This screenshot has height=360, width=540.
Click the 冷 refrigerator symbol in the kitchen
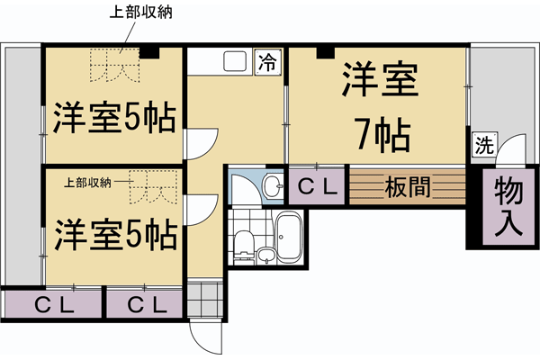(x=267, y=62)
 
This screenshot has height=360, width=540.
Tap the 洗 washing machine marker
(x=482, y=144)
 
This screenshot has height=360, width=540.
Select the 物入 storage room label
(x=508, y=207)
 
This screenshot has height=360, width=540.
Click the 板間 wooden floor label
(x=406, y=188)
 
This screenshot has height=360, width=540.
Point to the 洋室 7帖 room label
(x=378, y=108)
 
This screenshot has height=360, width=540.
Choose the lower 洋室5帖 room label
(x=113, y=236)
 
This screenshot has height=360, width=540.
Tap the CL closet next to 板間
(x=315, y=187)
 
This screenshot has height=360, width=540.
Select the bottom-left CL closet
(x=52, y=303)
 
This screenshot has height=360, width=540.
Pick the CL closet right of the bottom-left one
(x=147, y=303)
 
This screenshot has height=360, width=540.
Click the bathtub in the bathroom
(x=287, y=238)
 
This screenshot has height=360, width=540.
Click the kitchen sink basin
(x=234, y=62)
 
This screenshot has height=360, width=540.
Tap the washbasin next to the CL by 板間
(x=269, y=187)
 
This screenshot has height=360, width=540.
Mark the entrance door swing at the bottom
(x=205, y=337)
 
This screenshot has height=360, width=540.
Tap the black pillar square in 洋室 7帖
(x=320, y=52)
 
